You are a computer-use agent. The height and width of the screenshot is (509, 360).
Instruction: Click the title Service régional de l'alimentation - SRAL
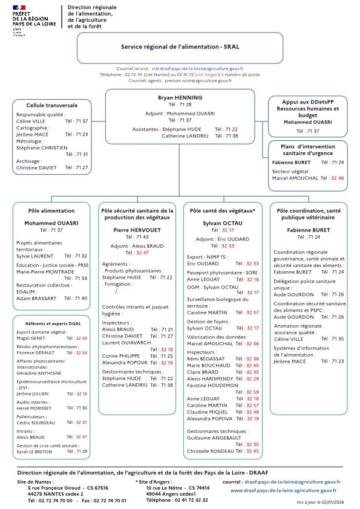(180, 46)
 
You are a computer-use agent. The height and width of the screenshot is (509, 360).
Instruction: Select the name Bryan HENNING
(180, 97)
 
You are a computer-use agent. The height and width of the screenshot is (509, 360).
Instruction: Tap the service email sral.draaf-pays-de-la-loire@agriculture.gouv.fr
(206, 70)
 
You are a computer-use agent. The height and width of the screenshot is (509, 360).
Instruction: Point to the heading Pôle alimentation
(51, 211)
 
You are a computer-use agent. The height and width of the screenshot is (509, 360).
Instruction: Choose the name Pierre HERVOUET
(137, 230)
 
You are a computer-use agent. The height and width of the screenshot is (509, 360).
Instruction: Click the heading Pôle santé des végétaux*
(223, 211)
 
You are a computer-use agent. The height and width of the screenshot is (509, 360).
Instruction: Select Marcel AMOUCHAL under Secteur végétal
(296, 178)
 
